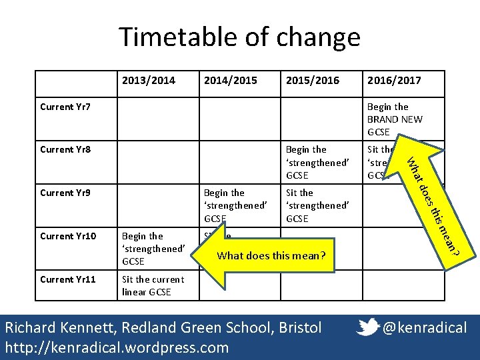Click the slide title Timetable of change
coord(239,37)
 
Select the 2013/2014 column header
coord(149,81)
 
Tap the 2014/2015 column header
coord(230,81)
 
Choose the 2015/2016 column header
coord(312,81)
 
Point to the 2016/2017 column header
coord(394,81)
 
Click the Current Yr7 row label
coord(65,107)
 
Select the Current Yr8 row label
coord(65,149)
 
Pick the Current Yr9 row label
coord(65,193)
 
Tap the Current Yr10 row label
coord(68,236)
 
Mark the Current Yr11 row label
coord(68,279)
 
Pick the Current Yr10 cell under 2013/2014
coord(153,249)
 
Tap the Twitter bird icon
coord(369,327)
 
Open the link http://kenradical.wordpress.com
coord(117,347)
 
